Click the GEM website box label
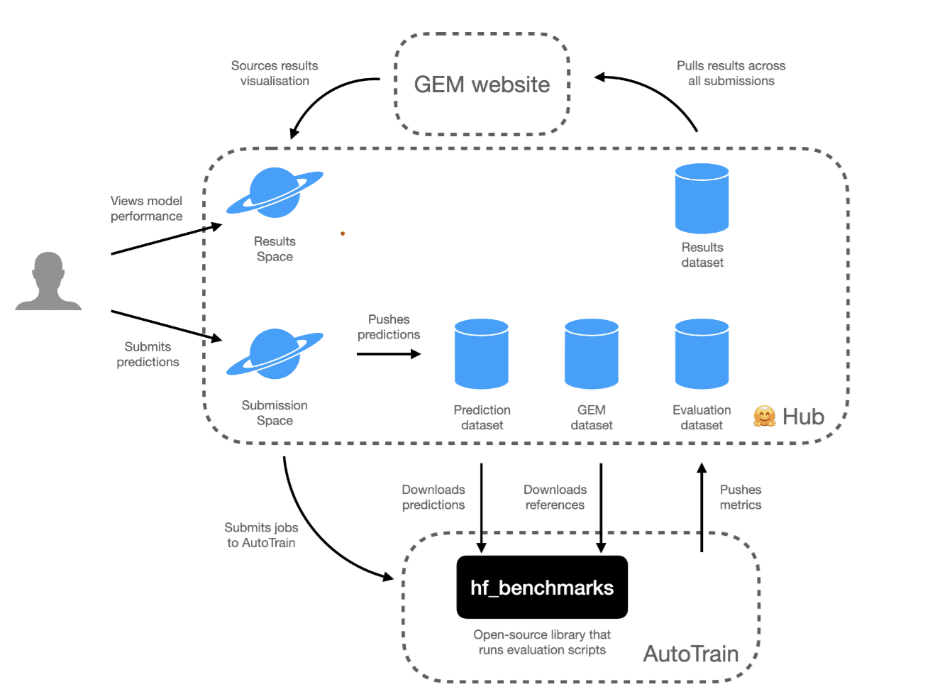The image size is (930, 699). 482,84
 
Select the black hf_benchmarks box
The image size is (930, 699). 542,587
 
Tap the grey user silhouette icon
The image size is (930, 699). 48,282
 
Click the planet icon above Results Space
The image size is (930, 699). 275,192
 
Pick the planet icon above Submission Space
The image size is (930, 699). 275,353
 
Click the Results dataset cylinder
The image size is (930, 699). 702,199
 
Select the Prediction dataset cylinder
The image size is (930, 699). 482,354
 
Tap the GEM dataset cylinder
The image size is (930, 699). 592,354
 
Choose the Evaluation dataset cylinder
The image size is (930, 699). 702,354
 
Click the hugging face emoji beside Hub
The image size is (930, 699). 764,417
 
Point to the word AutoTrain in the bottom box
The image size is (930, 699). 690,654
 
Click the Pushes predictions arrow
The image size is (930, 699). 389,353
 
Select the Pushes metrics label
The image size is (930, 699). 741,497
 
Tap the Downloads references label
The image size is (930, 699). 555,497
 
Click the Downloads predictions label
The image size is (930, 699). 433,497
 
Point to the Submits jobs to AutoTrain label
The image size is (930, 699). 261,535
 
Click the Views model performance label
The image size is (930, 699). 146,209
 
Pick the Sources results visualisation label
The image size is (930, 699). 275,73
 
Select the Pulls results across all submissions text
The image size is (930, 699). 731,73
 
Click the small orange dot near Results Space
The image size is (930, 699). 343,233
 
